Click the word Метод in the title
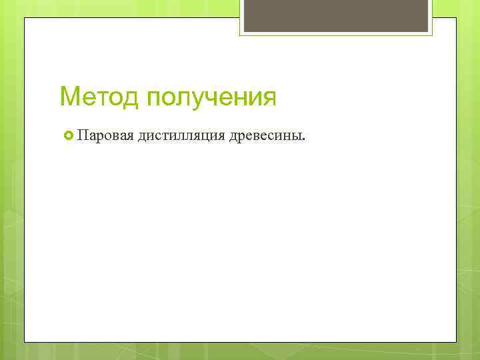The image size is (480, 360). pyautogui.click(x=99, y=97)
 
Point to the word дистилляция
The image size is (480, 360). pyautogui.click(x=181, y=137)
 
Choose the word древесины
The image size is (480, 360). pyautogui.click(x=265, y=137)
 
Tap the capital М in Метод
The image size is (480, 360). pyautogui.click(x=69, y=97)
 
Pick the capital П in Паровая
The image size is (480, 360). pyautogui.click(x=82, y=137)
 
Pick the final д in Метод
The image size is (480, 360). pyautogui.click(x=131, y=98)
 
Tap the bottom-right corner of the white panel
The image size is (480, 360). pyautogui.click(x=455, y=341)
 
